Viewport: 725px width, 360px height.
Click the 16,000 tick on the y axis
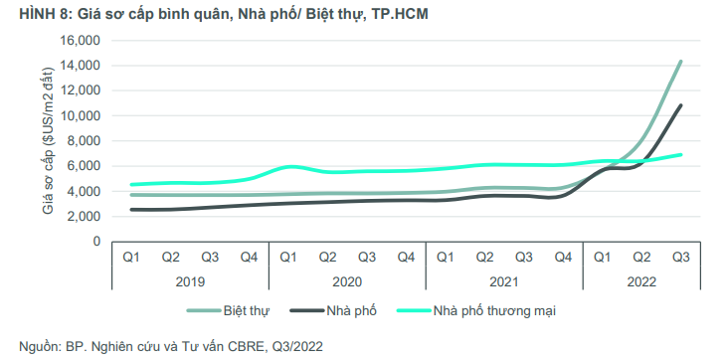pyautogui.click(x=82, y=40)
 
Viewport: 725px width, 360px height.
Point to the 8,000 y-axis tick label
pyautogui.click(x=85, y=140)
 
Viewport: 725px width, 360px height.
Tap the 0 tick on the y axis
pyautogui.click(x=96, y=241)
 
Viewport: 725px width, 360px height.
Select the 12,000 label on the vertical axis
pyautogui.click(x=82, y=90)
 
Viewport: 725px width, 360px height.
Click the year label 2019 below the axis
pyautogui.click(x=189, y=281)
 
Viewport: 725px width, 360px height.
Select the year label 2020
pyautogui.click(x=346, y=281)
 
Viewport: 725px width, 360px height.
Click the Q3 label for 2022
pyautogui.click(x=680, y=258)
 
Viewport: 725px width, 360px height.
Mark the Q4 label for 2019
pyautogui.click(x=249, y=258)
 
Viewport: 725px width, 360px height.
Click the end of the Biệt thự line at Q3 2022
pyautogui.click(x=680, y=62)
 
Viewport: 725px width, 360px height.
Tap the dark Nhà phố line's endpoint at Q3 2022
pyautogui.click(x=680, y=105)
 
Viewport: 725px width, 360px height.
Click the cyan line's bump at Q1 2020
pyautogui.click(x=289, y=166)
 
